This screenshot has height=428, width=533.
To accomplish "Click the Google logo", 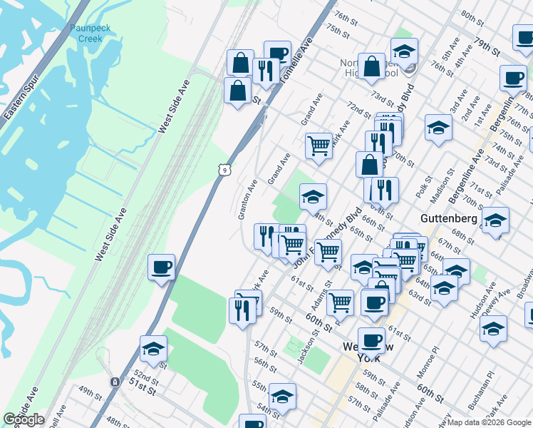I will pyautogui.click(x=24, y=420).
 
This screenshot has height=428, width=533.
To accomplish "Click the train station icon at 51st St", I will pyautogui.click(x=114, y=382).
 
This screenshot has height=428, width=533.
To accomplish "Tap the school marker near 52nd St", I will pyautogui.click(x=153, y=349).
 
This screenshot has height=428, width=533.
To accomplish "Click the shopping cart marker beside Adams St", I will pyautogui.click(x=340, y=302).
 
